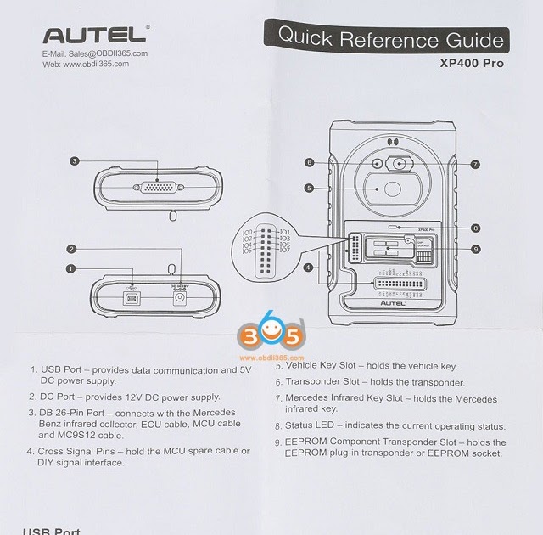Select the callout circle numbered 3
(x=75, y=160)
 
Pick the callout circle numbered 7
(x=475, y=164)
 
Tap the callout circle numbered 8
(x=476, y=228)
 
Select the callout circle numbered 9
(x=476, y=249)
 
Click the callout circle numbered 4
(x=308, y=267)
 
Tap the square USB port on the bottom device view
(x=131, y=299)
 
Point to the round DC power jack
(x=179, y=299)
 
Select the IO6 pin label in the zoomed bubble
(x=247, y=251)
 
